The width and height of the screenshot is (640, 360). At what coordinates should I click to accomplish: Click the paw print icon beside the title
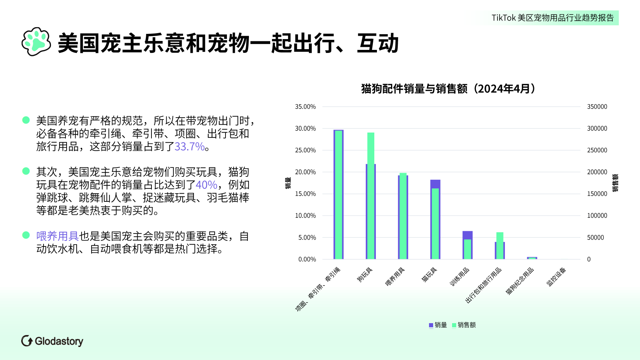tap(36, 42)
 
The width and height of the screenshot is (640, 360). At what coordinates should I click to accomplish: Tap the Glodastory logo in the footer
tap(52, 341)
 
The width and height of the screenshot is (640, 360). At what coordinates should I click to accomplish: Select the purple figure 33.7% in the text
tap(190, 147)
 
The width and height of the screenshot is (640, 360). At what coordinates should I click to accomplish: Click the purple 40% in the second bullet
tap(207, 185)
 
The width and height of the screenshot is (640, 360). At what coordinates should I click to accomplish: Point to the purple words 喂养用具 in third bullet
tap(57, 236)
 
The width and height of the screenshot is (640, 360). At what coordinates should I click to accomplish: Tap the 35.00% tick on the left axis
tap(305, 107)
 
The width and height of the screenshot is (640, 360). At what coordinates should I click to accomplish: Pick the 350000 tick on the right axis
tap(597, 107)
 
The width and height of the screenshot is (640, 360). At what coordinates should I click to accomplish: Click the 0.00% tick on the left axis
tap(307, 259)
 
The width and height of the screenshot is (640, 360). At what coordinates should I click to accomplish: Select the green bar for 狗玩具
tap(371, 195)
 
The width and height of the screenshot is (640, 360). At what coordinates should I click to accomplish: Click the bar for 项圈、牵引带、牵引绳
tap(338, 194)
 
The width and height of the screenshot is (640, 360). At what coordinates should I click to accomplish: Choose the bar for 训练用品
tap(467, 245)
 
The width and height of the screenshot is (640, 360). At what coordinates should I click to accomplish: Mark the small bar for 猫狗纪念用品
tap(532, 258)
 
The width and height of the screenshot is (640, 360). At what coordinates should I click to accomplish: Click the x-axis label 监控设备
tap(556, 277)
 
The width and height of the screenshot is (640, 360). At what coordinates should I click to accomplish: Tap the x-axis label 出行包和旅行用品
tap(483, 285)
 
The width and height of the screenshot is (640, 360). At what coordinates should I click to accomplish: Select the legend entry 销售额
tap(464, 325)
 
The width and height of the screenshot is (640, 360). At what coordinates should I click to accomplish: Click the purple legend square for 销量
tap(431, 325)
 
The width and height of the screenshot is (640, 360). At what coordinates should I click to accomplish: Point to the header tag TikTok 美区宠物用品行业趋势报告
tap(553, 18)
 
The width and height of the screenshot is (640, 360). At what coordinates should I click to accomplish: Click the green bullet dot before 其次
tap(26, 171)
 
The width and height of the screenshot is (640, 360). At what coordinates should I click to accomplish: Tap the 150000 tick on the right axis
tap(597, 194)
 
